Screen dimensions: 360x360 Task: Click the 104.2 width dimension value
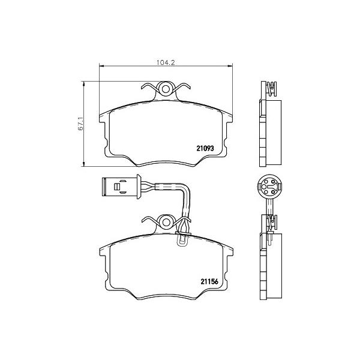tap(166, 62)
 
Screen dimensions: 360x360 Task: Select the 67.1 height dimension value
tap(80, 124)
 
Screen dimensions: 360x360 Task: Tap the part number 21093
tap(205, 148)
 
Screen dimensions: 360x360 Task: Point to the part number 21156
tap(209, 281)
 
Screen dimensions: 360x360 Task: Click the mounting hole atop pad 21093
tap(166, 89)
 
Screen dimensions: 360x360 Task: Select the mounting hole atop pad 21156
tap(166, 222)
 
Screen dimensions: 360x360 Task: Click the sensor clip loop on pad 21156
tap(182, 238)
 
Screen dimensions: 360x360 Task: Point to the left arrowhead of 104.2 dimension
tap(102, 67)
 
